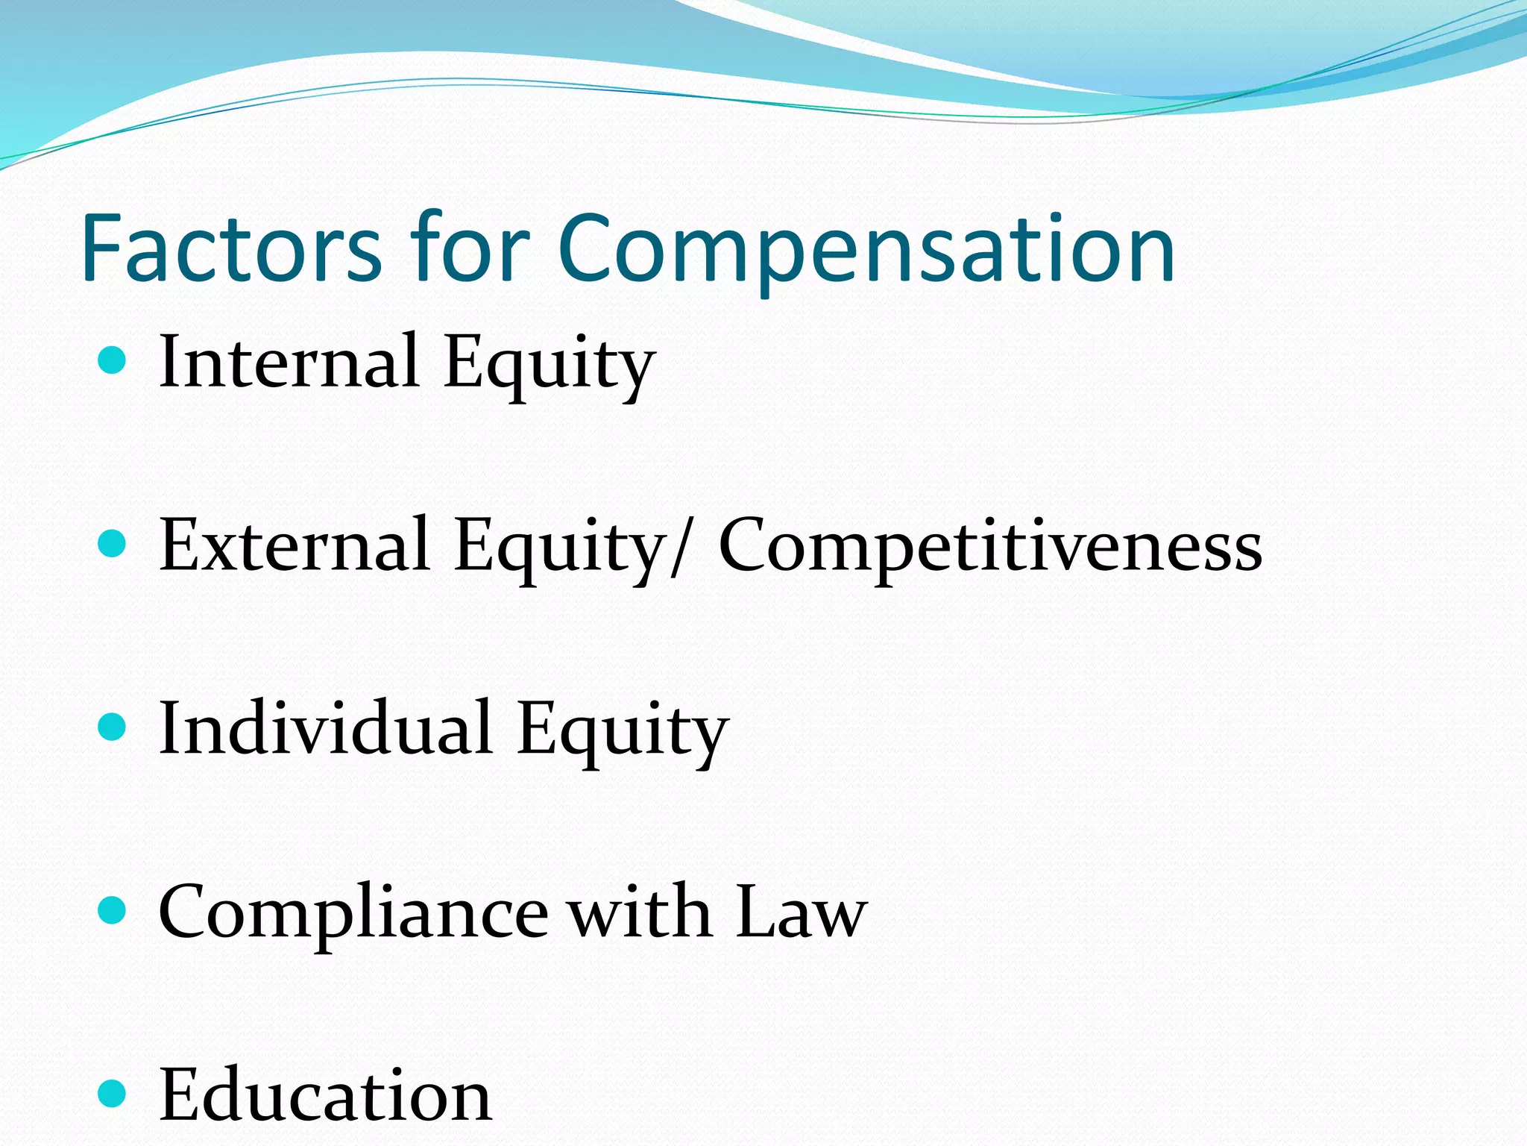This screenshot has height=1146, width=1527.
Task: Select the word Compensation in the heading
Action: click(866, 250)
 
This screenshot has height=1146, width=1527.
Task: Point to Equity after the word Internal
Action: click(549, 366)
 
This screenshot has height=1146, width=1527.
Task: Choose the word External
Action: click(294, 545)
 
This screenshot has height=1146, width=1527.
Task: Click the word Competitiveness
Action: click(990, 547)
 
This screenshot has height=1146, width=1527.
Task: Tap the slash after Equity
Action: click(677, 547)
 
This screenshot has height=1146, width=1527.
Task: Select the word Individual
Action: click(325, 728)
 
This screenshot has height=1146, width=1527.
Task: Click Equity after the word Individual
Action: click(622, 732)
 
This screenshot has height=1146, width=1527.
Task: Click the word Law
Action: click(801, 912)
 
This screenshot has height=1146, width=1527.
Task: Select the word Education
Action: click(325, 1095)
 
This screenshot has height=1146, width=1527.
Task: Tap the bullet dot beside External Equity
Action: click(112, 544)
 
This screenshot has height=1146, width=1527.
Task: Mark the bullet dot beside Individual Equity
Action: click(112, 727)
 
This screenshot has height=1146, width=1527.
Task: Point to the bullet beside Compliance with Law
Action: click(112, 910)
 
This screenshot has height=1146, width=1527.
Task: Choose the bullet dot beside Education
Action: click(112, 1094)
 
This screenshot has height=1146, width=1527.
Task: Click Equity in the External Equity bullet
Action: click(559, 549)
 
